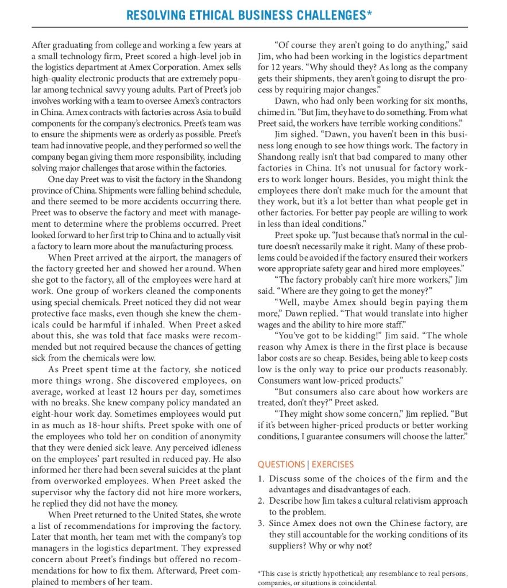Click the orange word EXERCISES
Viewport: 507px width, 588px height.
pyautogui.click(x=332, y=464)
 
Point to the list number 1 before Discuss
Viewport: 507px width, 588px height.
pyautogui.click(x=261, y=478)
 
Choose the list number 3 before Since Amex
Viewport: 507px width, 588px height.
pyautogui.click(x=261, y=524)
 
